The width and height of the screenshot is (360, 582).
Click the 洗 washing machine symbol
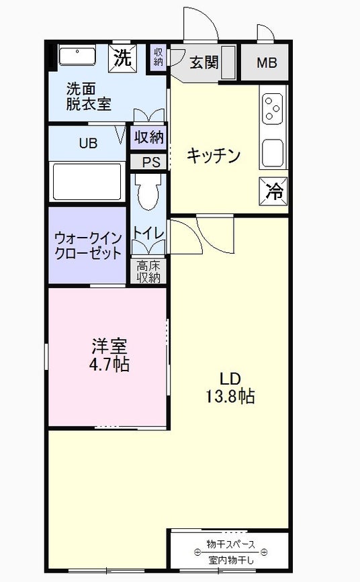(123, 58)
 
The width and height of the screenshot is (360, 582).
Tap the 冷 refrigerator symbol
(273, 191)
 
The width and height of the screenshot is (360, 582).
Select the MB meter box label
(267, 62)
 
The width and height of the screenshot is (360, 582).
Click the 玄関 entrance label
(204, 62)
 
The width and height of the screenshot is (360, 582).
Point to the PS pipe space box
(148, 162)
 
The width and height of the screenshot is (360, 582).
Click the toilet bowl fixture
(148, 192)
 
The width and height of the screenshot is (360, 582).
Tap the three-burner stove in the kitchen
(273, 109)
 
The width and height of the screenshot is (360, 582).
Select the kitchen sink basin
(273, 152)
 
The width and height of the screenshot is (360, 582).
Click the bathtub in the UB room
(88, 182)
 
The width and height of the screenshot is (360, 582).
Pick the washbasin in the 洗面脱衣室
(77, 55)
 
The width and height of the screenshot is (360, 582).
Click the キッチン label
(214, 155)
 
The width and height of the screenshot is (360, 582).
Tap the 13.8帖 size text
(230, 396)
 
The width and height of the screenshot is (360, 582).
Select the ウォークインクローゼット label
(88, 246)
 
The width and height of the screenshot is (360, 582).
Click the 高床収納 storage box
(148, 272)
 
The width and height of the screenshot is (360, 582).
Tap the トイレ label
(148, 233)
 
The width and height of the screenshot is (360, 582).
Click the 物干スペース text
(231, 544)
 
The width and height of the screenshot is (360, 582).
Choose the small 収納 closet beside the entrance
(159, 57)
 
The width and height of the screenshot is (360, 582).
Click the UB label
(88, 143)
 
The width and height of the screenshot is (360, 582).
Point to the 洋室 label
(109, 346)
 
